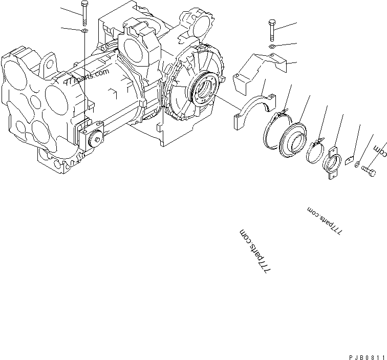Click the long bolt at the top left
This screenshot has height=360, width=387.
(x=84, y=12)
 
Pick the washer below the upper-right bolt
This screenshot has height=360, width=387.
(x=272, y=48)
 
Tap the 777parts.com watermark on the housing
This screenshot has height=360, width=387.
(x=87, y=77)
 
